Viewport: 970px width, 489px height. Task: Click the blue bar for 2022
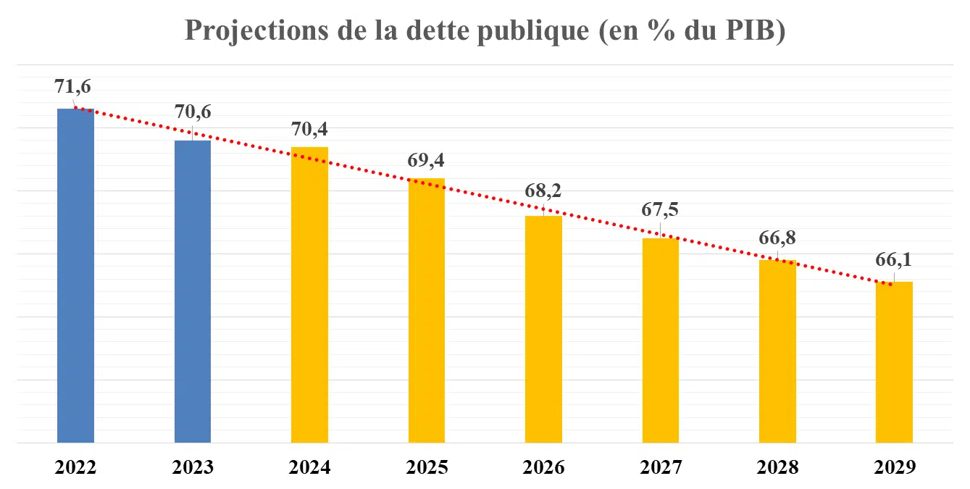(x=75, y=275)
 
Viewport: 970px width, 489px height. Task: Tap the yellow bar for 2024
(x=309, y=294)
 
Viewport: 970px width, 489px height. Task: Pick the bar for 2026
(x=543, y=329)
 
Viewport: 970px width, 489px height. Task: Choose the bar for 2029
(x=894, y=361)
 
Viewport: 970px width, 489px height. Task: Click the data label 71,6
(x=72, y=86)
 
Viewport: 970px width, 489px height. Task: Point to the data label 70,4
(x=309, y=129)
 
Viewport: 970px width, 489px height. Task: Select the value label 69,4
(x=427, y=160)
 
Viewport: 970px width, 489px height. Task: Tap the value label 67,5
(x=660, y=210)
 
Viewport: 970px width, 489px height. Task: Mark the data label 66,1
(x=894, y=260)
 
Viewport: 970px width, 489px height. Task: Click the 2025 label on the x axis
(x=427, y=467)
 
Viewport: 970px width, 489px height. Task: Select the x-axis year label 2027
(x=660, y=467)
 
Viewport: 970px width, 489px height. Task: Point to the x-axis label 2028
(x=777, y=467)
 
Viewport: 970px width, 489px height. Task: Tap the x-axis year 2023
(x=193, y=467)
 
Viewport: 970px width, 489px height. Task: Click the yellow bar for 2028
(x=777, y=351)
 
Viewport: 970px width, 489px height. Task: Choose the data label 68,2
(x=543, y=191)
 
